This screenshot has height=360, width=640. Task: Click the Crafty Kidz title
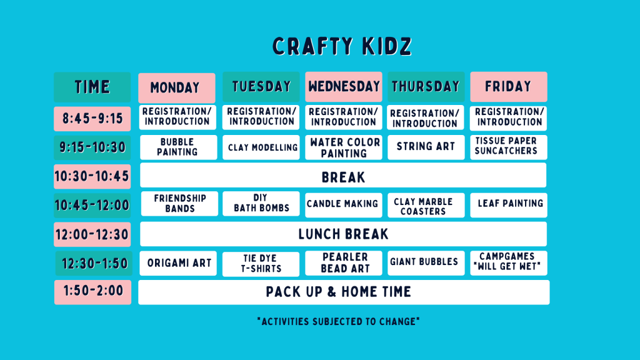(342, 46)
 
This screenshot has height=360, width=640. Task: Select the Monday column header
(177, 87)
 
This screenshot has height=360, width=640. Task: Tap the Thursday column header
(426, 86)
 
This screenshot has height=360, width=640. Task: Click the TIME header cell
(92, 87)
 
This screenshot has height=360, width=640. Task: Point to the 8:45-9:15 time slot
(92, 119)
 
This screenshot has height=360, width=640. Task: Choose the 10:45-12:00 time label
(92, 205)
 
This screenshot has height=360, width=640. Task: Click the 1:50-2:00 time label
(92, 292)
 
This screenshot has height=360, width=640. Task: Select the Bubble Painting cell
(178, 147)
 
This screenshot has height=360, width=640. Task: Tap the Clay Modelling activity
(261, 147)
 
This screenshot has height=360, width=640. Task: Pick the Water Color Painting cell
(344, 147)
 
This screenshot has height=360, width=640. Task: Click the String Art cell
(426, 147)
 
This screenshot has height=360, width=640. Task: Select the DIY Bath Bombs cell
(261, 203)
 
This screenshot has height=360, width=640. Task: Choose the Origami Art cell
(178, 263)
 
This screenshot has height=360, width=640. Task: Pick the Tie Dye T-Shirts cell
(261, 264)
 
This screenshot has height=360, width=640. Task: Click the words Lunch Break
(343, 234)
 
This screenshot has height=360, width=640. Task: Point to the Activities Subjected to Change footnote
(338, 322)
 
